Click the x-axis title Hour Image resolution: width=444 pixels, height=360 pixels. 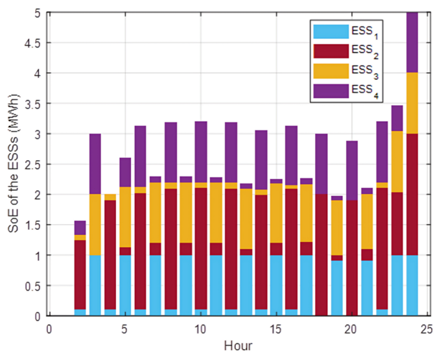coord(238,345)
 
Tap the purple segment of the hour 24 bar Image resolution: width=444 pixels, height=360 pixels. coord(412,42)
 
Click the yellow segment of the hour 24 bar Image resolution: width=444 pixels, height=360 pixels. coord(412,104)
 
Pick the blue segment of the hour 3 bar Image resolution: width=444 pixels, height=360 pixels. coord(95,285)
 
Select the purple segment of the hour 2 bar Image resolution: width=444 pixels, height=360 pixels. coord(80,227)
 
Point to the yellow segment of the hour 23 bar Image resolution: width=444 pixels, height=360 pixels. coord(397,162)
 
